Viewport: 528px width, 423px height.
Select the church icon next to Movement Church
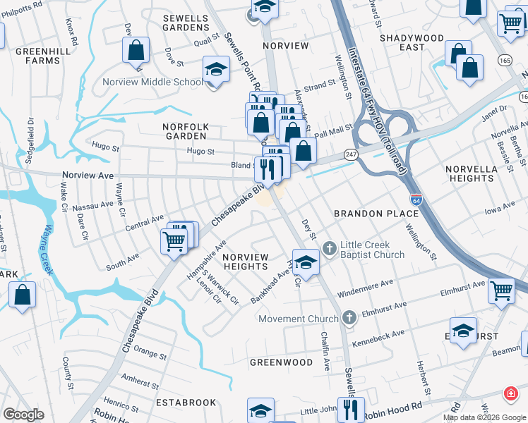click(x=349, y=318)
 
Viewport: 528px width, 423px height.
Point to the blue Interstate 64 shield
click(x=416, y=200)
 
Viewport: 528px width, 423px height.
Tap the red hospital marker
click(x=510, y=393)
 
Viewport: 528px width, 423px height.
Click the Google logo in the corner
click(x=23, y=415)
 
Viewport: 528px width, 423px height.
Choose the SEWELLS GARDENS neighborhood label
click(x=186, y=22)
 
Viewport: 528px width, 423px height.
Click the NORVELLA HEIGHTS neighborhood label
click(x=472, y=173)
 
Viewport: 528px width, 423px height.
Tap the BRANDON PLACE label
click(x=372, y=213)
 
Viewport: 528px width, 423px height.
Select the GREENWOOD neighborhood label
click(x=281, y=362)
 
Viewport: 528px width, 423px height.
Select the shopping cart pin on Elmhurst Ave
click(x=500, y=288)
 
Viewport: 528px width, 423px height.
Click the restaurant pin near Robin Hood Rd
click(x=351, y=408)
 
